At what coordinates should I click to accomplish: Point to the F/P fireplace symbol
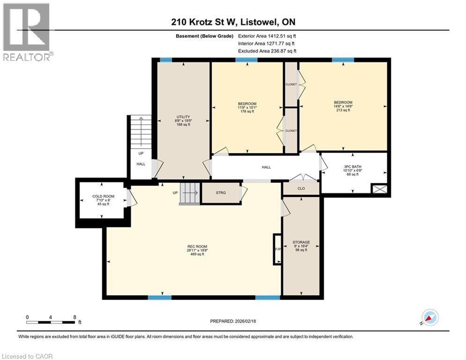point(277,249)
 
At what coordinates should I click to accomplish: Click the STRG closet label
point(221,192)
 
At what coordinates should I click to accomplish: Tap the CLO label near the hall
point(301,188)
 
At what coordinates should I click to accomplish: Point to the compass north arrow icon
point(429,317)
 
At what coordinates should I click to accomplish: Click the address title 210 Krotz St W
point(233,22)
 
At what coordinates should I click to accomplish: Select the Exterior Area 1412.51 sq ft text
point(267,36)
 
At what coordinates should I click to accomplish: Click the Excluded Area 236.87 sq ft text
point(267,51)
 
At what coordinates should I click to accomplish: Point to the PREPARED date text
point(233,321)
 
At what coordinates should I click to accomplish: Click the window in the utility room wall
point(165,60)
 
